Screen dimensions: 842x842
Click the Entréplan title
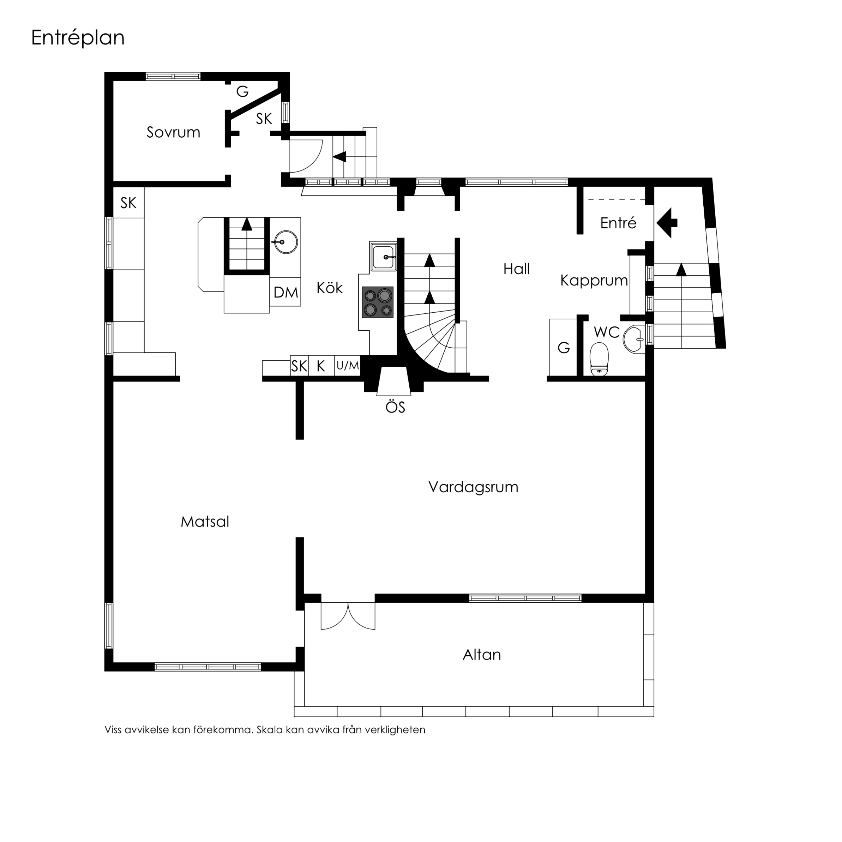click(x=78, y=38)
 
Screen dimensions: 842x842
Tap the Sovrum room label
click(x=173, y=132)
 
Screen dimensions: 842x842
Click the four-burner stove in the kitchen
click(x=378, y=302)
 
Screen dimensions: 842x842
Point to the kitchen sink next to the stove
click(x=383, y=257)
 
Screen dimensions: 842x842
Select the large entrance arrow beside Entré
click(x=667, y=223)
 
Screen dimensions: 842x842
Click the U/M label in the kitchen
click(x=347, y=366)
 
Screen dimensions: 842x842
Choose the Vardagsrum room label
click(x=473, y=487)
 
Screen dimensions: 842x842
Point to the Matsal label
click(x=205, y=522)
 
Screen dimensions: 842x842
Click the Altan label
click(x=482, y=655)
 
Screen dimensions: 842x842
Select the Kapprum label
click(x=594, y=280)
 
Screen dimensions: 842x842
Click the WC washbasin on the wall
click(x=634, y=339)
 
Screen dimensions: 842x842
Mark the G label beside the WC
click(x=564, y=348)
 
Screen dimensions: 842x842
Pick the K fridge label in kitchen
click(x=321, y=366)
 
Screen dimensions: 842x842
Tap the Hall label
click(x=516, y=269)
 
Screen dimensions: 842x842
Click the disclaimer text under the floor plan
click(x=265, y=730)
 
